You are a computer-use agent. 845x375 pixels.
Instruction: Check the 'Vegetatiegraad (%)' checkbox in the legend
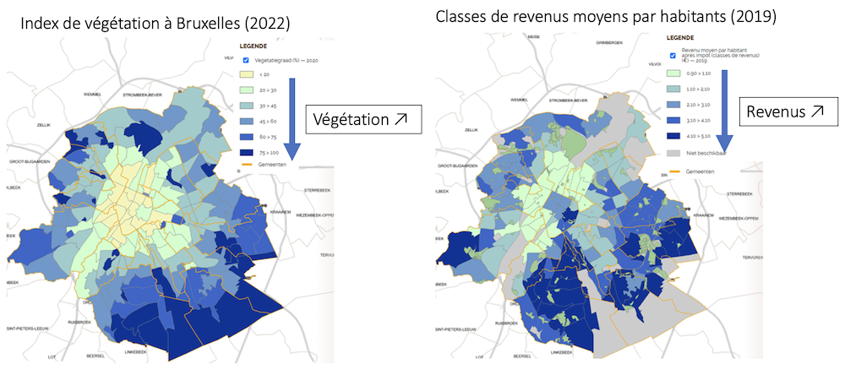245,60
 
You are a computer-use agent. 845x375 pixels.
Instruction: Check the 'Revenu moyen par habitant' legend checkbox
673,56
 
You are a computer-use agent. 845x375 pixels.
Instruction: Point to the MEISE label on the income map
532,38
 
